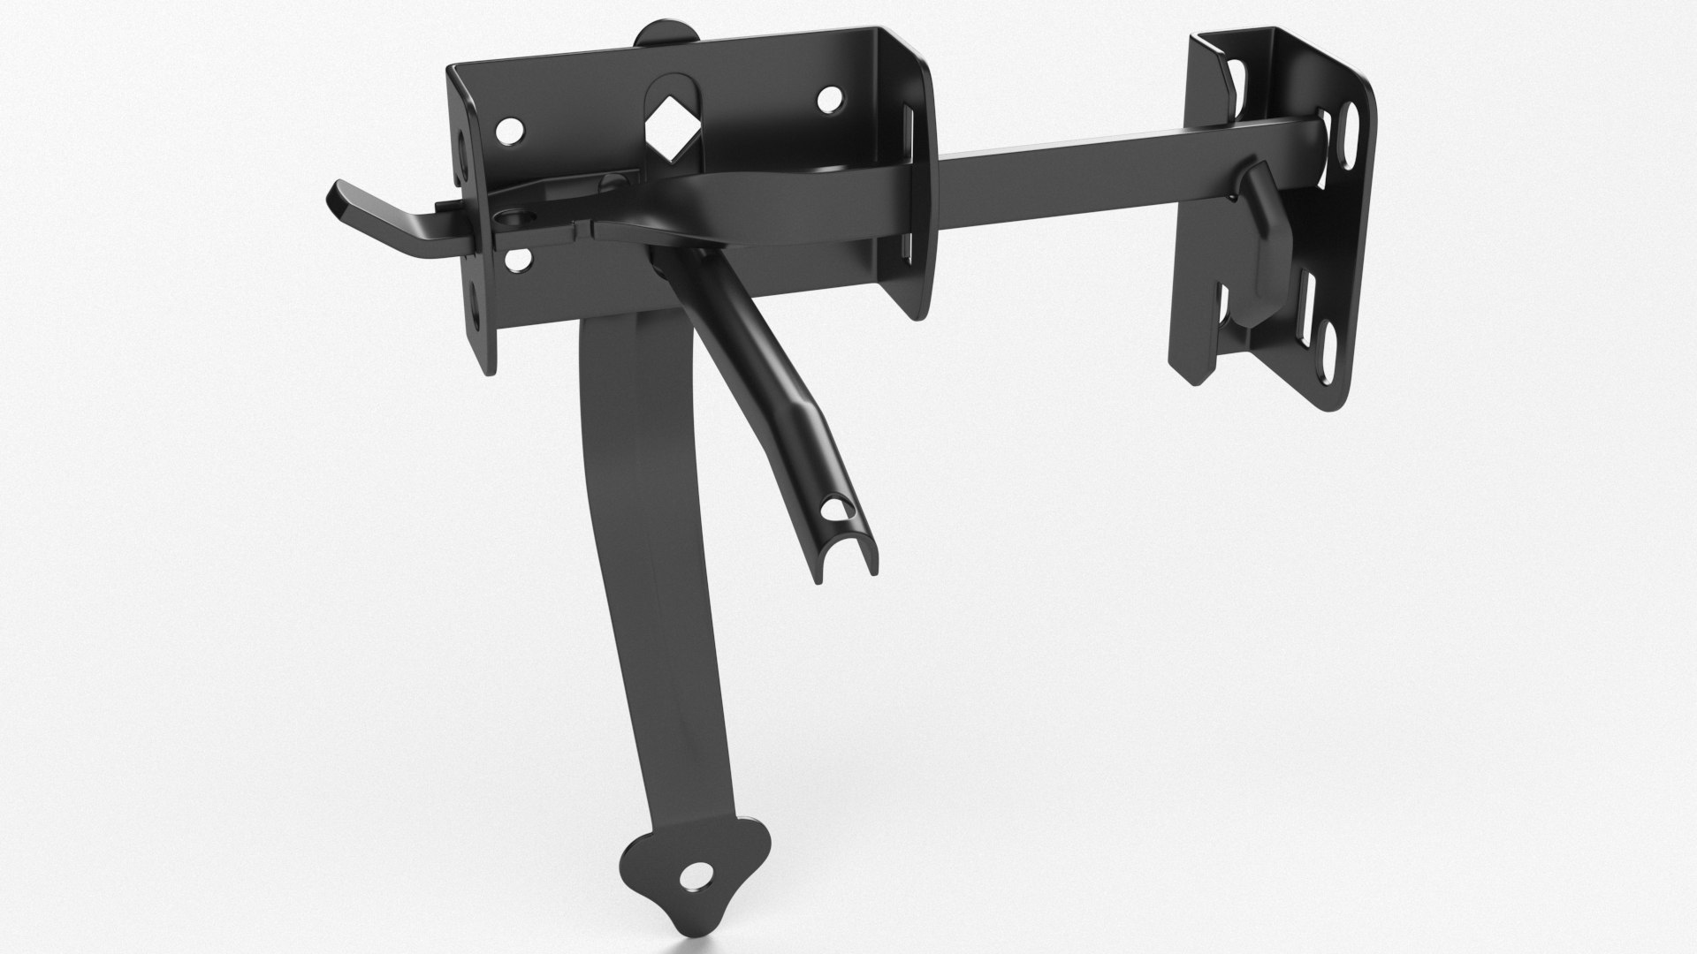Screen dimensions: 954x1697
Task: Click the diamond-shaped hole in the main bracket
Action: point(674,132)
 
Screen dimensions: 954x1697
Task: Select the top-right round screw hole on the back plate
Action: point(828,100)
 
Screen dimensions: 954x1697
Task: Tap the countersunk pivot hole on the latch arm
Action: point(513,215)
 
